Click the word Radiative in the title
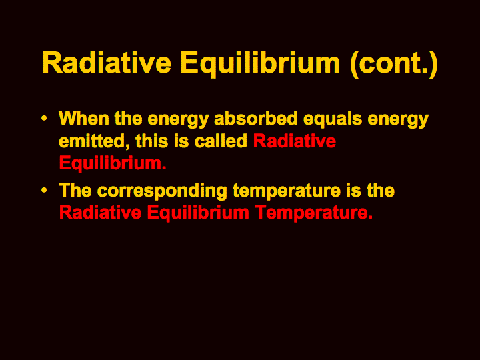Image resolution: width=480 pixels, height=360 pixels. (107, 63)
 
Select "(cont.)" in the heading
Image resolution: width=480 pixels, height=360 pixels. (394, 64)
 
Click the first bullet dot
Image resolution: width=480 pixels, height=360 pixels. (44, 118)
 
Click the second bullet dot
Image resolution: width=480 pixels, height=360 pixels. (44, 191)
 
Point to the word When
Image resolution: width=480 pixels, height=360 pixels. (84, 118)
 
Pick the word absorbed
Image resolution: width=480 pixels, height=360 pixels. (256, 118)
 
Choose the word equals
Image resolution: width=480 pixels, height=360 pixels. (333, 120)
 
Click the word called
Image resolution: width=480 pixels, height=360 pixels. (221, 141)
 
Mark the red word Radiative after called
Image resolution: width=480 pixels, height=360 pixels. (295, 141)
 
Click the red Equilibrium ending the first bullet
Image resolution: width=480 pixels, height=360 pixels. (113, 163)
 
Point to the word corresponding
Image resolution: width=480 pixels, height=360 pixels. (162, 191)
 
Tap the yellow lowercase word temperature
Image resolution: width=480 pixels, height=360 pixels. (287, 191)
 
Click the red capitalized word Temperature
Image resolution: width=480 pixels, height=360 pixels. (314, 213)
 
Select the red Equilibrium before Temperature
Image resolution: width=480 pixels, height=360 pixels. (198, 213)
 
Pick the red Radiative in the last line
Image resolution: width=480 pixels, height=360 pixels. (101, 213)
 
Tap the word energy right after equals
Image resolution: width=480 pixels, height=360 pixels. (398, 120)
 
